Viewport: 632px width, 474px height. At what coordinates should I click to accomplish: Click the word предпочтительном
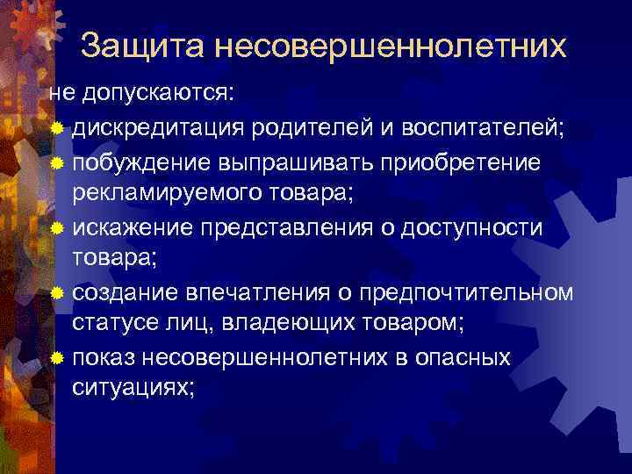point(467,292)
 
